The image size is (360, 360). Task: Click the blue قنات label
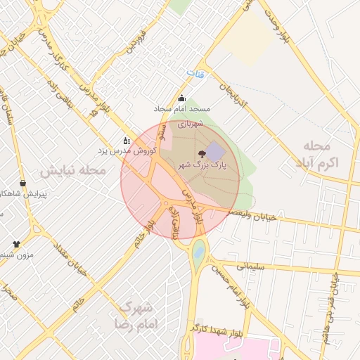(193, 72)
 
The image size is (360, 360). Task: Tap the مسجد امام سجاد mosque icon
(183, 98)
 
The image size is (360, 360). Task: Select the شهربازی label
(190, 124)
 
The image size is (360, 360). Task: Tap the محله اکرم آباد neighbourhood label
(316, 154)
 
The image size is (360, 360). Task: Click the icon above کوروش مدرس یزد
(126, 140)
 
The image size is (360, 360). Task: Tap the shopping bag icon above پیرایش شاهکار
(23, 183)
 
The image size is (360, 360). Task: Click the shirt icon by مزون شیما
(16, 243)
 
